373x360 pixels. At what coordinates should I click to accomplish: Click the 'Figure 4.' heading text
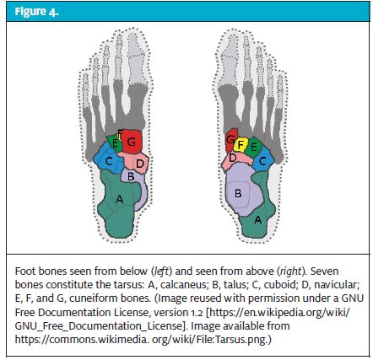coord(36,12)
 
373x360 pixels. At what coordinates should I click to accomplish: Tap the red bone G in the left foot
coord(132,142)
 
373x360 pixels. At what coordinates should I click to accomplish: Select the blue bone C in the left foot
coord(109,159)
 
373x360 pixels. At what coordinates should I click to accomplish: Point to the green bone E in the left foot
coord(114,143)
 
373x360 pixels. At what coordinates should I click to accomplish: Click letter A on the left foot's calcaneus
coord(120,199)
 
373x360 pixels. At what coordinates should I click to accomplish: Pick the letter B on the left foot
coord(131,177)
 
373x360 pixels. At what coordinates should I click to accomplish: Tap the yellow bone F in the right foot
coord(241,145)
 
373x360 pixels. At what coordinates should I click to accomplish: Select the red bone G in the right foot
coord(231,140)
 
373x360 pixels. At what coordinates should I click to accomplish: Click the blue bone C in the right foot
coord(263,160)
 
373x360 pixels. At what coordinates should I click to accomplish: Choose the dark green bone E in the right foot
coord(253,147)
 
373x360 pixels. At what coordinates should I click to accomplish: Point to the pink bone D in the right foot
coord(235,160)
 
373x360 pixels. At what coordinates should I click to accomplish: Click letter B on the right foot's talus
coord(238,194)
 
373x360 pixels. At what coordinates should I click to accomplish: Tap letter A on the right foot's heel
coord(258,220)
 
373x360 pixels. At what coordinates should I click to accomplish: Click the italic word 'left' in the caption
coord(161,271)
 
